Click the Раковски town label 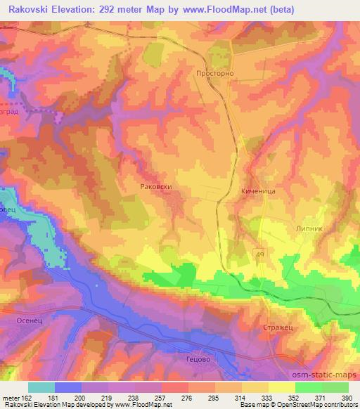click(x=156, y=188)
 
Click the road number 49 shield click(x=259, y=252)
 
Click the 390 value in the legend click(x=347, y=397)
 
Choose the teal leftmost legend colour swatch click(x=41, y=387)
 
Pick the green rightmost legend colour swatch click(x=335, y=387)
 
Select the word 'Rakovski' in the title click(x=32, y=10)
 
